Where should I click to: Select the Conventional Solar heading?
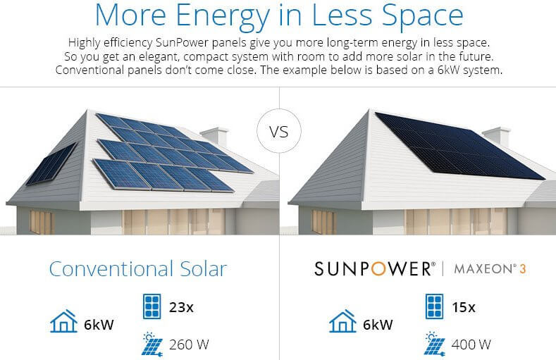coord(137,268)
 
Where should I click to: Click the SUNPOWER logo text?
coord(372,268)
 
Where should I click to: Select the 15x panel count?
coord(463,307)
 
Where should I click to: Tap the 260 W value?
coord(190,345)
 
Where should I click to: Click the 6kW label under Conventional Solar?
coord(97,325)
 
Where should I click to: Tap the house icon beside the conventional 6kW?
coord(63,322)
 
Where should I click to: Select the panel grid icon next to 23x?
coord(150,307)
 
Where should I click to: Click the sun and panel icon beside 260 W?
coord(150,343)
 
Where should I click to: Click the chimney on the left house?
coord(214,137)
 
